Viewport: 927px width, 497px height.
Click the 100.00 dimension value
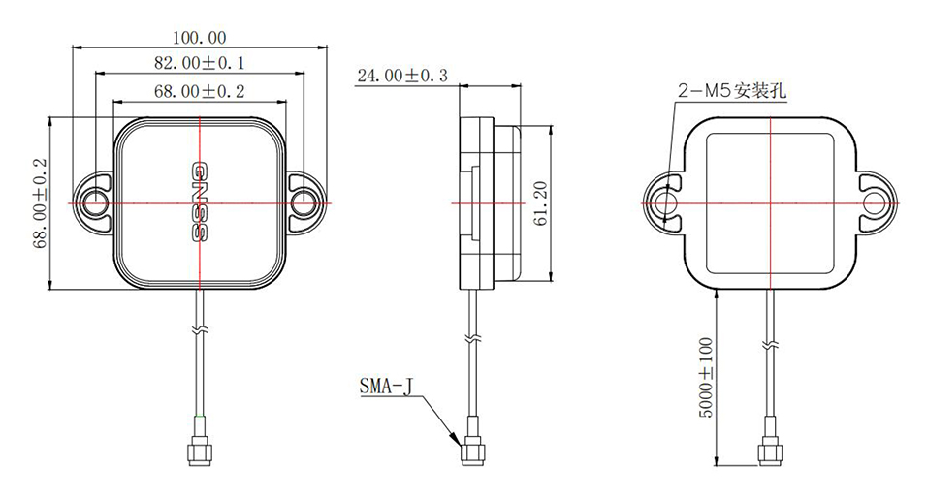[x=199, y=38]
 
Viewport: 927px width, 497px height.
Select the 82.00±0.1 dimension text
[x=200, y=63]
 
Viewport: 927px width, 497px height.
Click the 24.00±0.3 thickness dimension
[x=402, y=76]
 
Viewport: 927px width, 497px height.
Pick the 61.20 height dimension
[x=541, y=205]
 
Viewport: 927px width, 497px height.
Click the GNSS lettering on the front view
[x=199, y=202]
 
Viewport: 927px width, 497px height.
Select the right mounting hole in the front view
[x=304, y=203]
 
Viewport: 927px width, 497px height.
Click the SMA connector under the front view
[x=200, y=450]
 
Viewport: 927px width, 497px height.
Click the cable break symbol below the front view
[x=200, y=330]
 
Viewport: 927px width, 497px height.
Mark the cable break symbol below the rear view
[x=771, y=345]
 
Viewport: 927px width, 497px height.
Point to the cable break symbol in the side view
[x=472, y=339]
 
